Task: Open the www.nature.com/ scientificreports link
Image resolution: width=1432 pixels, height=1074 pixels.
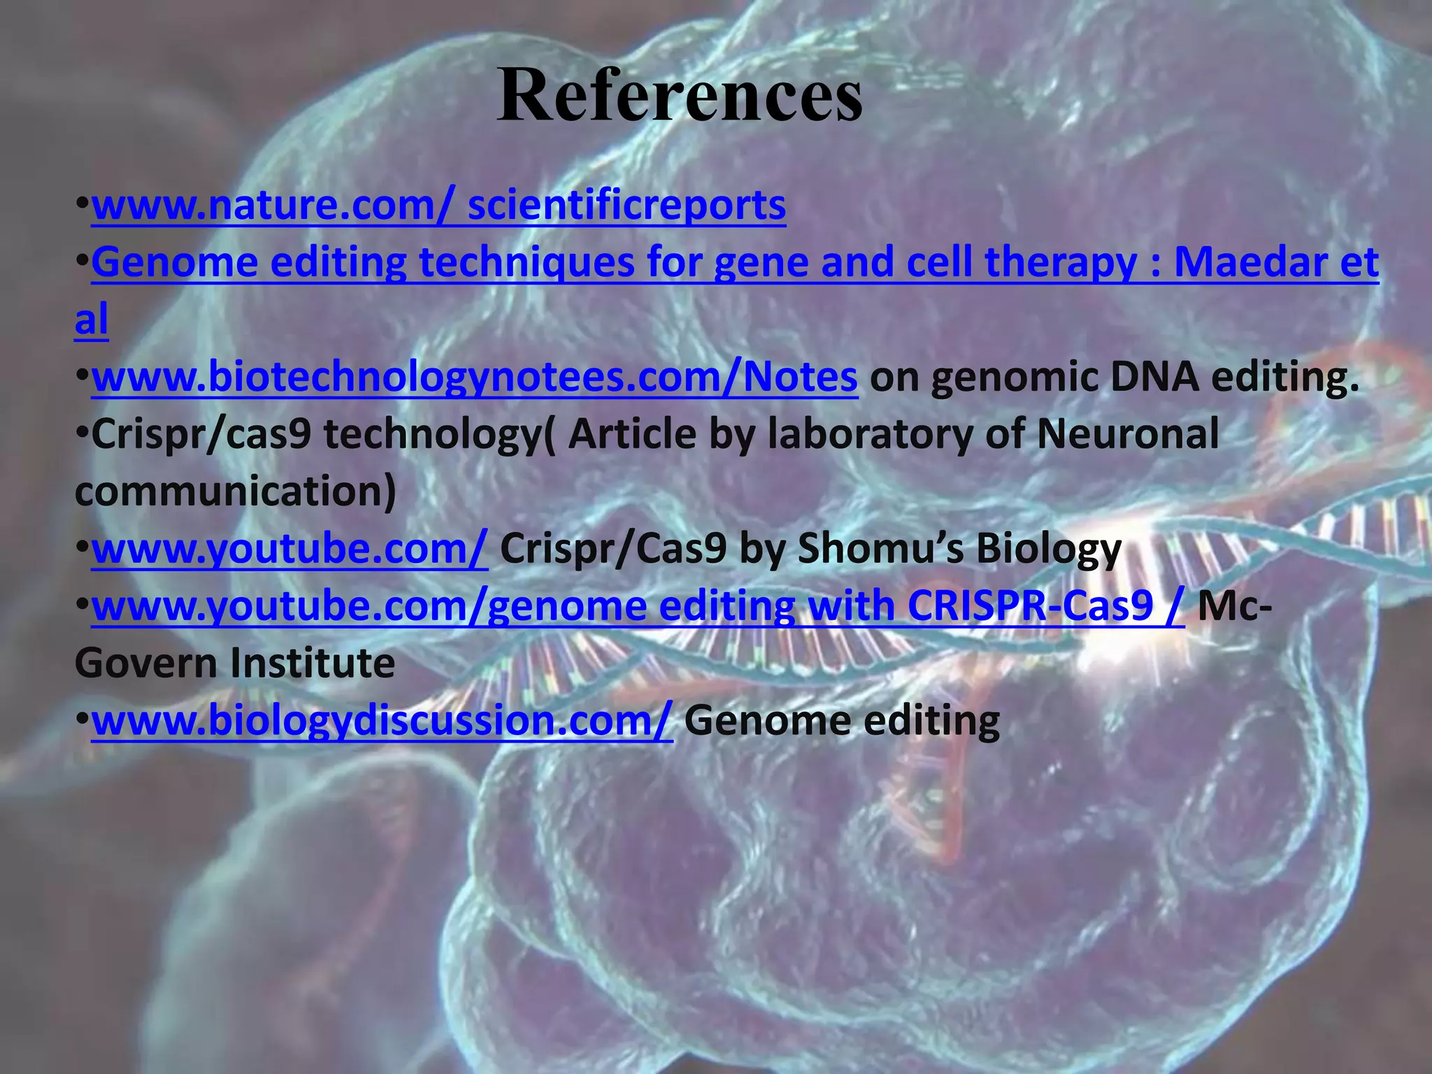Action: coord(438,206)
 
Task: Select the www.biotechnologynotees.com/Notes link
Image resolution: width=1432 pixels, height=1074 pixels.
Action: coord(474,378)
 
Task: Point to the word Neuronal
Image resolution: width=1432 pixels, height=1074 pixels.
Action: coord(1127,434)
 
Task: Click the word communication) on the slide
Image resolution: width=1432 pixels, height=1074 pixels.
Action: coord(235,492)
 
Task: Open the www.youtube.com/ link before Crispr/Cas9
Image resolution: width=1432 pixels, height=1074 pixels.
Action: coord(289,550)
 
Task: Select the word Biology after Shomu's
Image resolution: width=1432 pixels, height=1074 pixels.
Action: coord(1049,550)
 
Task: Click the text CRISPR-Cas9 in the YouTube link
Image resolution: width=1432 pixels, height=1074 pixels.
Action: coord(1030,606)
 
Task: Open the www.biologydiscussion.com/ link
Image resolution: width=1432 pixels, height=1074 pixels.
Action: coord(382,721)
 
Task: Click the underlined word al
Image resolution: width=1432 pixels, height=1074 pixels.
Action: coord(92,321)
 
